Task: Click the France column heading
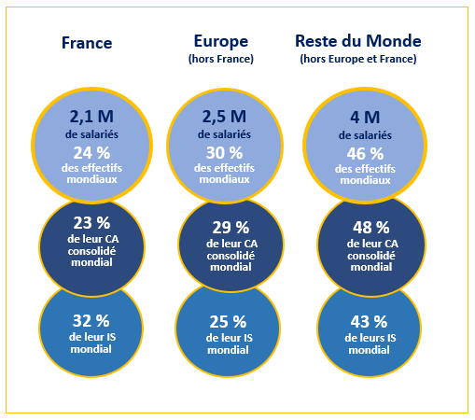click(x=87, y=43)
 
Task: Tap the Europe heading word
click(x=221, y=41)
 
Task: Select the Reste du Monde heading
click(x=358, y=41)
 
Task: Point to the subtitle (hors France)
click(x=221, y=59)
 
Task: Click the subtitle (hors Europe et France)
click(x=358, y=59)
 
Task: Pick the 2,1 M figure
click(x=91, y=117)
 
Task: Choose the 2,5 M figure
click(x=224, y=117)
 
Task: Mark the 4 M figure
click(x=365, y=118)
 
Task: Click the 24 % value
click(x=91, y=153)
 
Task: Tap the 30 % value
click(x=224, y=153)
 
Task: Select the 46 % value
click(x=365, y=154)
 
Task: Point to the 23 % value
click(x=91, y=223)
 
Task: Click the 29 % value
click(x=231, y=228)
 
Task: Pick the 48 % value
click(x=371, y=228)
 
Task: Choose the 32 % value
click(x=91, y=321)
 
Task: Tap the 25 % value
click(x=228, y=322)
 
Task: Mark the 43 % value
click(x=369, y=322)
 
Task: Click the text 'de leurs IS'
click(x=370, y=338)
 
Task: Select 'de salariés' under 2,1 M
click(x=91, y=134)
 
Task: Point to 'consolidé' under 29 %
click(x=231, y=256)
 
